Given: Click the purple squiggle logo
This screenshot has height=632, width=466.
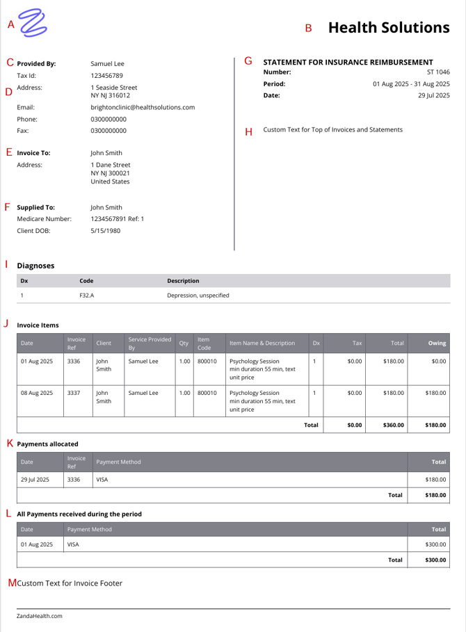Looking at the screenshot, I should [33, 23].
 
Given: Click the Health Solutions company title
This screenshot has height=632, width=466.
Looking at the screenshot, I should [389, 28].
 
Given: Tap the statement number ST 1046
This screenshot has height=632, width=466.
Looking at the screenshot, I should [438, 72].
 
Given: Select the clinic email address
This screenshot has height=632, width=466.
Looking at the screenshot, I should [143, 108].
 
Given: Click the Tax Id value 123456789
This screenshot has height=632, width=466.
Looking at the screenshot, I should [107, 75].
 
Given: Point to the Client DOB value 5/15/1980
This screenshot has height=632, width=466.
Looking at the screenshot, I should [106, 231].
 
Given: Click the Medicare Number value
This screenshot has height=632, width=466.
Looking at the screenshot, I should [118, 219].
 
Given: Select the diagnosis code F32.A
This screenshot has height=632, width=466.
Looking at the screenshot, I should [86, 295].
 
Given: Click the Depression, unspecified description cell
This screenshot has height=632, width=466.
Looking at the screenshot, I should [198, 295].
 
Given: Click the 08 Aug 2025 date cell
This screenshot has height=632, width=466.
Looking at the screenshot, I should [37, 393].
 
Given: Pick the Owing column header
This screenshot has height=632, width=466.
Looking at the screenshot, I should [437, 343].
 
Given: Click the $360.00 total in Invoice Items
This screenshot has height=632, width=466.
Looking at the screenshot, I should [394, 425].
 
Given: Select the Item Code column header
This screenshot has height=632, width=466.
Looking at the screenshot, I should [204, 343].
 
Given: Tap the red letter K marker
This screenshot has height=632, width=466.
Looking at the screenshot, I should [9, 443].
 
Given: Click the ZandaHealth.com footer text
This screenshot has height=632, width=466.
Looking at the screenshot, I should [40, 616].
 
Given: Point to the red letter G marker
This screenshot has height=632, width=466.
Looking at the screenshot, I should [248, 61].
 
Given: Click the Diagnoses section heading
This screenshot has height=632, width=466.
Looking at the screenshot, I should [35, 266].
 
